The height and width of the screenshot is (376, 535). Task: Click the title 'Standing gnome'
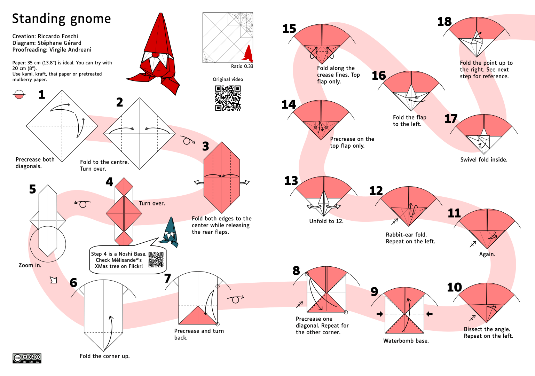pos(61,19)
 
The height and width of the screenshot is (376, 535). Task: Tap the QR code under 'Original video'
pos(228,98)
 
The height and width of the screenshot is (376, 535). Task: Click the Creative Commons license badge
pos(27,358)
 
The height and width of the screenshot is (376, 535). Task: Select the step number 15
pos(289,29)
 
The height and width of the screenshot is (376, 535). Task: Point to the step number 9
pos(374,291)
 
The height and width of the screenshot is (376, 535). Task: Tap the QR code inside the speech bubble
pos(156,260)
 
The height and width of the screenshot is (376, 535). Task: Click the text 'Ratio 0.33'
pos(242,66)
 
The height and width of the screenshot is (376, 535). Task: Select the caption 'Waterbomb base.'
pos(406,341)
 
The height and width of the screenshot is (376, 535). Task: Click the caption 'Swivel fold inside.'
pos(483,159)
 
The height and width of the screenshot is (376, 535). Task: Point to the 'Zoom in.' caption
pos(30,265)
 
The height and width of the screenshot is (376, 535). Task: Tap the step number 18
pos(444,22)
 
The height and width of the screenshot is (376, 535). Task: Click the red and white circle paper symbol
pos(19,94)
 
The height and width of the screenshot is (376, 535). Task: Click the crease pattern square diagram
pos(228,38)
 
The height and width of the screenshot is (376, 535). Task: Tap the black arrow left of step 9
pos(380,314)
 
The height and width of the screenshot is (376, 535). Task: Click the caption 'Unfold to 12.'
pos(326,221)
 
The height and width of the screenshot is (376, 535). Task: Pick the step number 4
pos(109,182)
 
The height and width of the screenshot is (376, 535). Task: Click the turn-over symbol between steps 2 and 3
pos(188,141)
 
